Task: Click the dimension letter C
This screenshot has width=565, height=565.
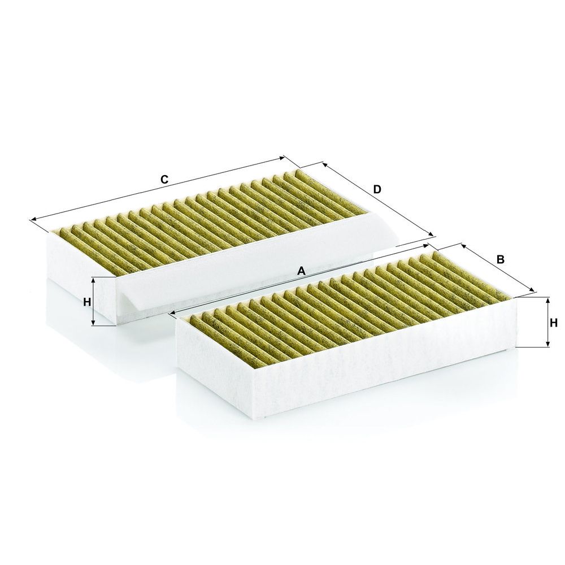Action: (x=164, y=180)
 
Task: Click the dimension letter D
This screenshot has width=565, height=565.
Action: (x=377, y=189)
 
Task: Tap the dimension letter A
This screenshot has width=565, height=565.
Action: (x=301, y=271)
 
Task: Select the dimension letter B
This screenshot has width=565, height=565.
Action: (x=500, y=259)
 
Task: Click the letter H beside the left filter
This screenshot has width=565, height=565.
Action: (x=87, y=302)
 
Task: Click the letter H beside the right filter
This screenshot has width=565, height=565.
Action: (x=554, y=323)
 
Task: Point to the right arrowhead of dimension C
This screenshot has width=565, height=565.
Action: (x=281, y=158)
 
